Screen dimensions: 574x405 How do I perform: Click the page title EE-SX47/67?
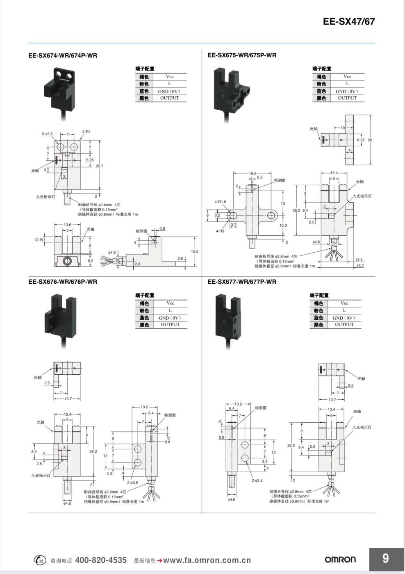pos(348,22)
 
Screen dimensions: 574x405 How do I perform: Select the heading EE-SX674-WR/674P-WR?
pos(63,55)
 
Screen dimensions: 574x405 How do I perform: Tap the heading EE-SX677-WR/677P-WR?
pos(242,282)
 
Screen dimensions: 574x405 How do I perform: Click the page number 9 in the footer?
pos(385,558)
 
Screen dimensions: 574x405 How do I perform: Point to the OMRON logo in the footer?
pos(340,560)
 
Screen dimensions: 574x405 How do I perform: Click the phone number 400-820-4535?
pos(101,560)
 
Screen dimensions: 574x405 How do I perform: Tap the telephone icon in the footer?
pos(39,560)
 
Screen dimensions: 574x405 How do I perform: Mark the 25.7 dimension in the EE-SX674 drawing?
pos(100,166)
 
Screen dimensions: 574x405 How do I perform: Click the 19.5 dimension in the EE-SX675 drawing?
pos(253,173)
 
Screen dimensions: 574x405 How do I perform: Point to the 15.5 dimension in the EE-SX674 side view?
pos(194,251)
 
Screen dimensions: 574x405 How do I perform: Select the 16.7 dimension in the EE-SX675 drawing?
pos(359,266)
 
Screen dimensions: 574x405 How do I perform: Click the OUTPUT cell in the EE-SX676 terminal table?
pos(170,324)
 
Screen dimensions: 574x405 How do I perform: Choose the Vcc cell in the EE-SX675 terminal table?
pos(347,77)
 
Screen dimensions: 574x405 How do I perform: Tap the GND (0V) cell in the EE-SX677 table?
pos(344,318)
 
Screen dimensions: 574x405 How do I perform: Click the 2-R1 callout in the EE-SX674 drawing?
pos(86,132)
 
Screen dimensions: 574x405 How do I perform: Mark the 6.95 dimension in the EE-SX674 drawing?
pos(90,160)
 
